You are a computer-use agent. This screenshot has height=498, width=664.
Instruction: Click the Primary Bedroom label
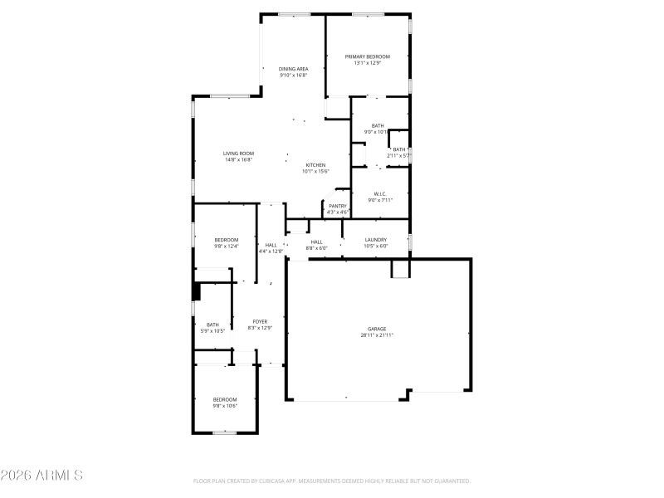tap(367, 56)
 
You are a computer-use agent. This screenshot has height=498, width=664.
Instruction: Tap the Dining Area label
tap(293, 69)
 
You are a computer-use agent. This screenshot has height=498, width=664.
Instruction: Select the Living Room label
tap(238, 154)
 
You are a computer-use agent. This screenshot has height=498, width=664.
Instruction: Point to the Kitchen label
tap(315, 165)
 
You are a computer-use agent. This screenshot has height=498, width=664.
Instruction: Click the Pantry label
tap(338, 206)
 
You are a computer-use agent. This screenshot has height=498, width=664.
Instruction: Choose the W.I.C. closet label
tap(380, 194)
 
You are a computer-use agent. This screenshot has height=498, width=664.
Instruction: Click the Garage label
tap(377, 329)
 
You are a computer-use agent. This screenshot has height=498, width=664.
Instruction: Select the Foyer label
tap(260, 321)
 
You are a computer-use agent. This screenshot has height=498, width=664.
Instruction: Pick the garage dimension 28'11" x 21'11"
tap(377, 335)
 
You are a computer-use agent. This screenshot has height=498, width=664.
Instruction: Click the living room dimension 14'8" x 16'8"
tap(238, 160)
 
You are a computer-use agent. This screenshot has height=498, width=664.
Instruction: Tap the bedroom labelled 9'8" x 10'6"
tap(224, 403)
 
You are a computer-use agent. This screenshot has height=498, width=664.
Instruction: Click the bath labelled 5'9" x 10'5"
tap(212, 328)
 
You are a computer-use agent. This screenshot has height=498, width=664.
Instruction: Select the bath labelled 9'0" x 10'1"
tap(378, 129)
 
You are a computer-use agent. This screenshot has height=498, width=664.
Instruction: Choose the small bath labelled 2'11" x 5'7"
tap(399, 153)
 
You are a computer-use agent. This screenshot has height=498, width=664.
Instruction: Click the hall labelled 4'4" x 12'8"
tap(271, 248)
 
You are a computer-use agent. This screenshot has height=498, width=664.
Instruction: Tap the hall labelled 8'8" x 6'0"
tap(316, 245)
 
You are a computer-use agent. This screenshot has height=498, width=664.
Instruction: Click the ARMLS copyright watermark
tap(41, 476)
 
